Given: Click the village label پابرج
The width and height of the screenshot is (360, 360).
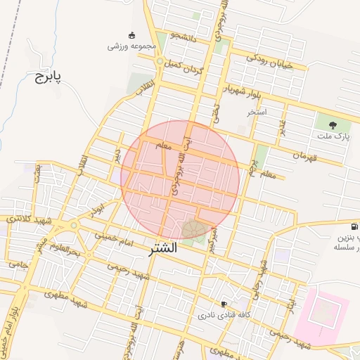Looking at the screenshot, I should pyautogui.click(x=48, y=76).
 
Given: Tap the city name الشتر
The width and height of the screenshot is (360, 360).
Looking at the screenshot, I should pyautogui.click(x=164, y=249).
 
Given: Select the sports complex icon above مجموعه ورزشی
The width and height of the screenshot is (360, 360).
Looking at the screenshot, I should pyautogui.click(x=131, y=35).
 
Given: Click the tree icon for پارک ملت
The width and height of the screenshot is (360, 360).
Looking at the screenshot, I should pyautogui.click(x=323, y=124).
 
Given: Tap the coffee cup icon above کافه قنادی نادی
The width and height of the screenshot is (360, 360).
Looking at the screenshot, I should pyautogui.click(x=224, y=304).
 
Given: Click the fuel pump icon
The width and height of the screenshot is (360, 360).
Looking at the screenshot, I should pyautogui.click(x=353, y=227).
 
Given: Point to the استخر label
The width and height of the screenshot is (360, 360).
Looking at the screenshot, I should pyautogui.click(x=257, y=112).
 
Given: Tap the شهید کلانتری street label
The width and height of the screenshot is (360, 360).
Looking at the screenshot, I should pyautogui.click(x=23, y=219).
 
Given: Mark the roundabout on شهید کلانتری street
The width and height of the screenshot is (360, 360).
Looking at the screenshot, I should pyautogui.click(x=73, y=226).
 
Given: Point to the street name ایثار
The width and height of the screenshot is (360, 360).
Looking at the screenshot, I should pyautogui.click(x=291, y=303).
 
